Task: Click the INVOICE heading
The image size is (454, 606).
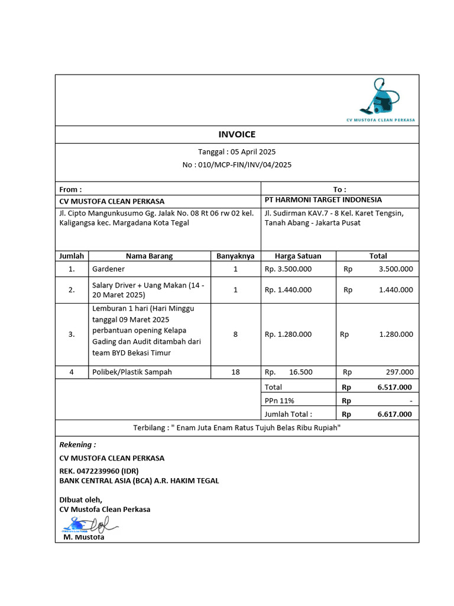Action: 237,134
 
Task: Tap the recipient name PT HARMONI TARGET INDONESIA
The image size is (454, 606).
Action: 323,200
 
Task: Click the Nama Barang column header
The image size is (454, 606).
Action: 149,256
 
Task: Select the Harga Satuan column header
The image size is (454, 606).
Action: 298,256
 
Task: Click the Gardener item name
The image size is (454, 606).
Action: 108,269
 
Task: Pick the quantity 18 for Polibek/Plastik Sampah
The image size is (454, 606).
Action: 235,372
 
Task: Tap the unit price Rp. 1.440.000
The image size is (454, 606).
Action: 288,290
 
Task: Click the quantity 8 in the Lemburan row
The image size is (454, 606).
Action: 235,334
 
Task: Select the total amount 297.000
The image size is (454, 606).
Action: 399,372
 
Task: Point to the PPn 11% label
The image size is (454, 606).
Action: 279,401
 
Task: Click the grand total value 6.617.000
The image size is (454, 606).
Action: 395,414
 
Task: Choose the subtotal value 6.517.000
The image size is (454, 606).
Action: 395,387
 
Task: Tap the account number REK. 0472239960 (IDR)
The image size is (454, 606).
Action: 99,470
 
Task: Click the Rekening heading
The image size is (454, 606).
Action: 77,444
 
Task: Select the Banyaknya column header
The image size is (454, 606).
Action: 235,256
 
